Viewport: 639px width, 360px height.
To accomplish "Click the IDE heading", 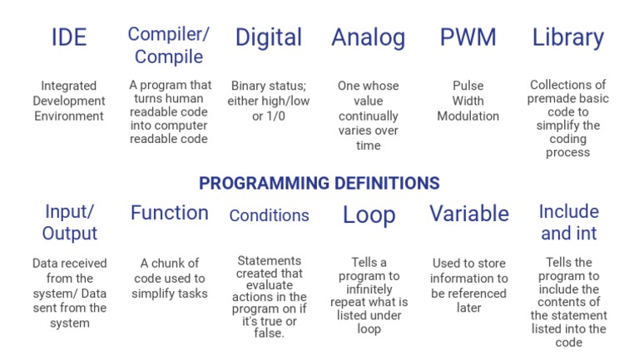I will (69, 38).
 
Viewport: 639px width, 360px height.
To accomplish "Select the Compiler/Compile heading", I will (169, 46).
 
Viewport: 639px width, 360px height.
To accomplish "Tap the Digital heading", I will (268, 37).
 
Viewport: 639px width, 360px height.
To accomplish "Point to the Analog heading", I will (368, 37).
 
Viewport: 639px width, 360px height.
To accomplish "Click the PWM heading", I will (468, 37).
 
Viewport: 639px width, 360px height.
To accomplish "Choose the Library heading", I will (567, 37).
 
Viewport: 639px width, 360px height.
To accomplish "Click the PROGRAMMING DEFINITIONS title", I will (319, 183).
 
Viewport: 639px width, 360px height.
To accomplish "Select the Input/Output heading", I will (70, 222).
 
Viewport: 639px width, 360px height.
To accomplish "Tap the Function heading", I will (169, 213).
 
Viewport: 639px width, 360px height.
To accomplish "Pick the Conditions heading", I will (269, 215).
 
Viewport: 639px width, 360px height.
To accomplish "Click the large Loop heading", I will (369, 215).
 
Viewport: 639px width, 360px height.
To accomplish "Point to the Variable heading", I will (468, 214).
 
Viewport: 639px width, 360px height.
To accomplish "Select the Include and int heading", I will (568, 222).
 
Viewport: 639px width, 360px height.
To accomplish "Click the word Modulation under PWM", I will (468, 116).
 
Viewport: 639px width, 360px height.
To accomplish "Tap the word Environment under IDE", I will (69, 116).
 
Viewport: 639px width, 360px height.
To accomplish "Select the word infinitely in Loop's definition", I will (369, 289).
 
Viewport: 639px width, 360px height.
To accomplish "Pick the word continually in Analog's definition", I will (369, 116).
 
